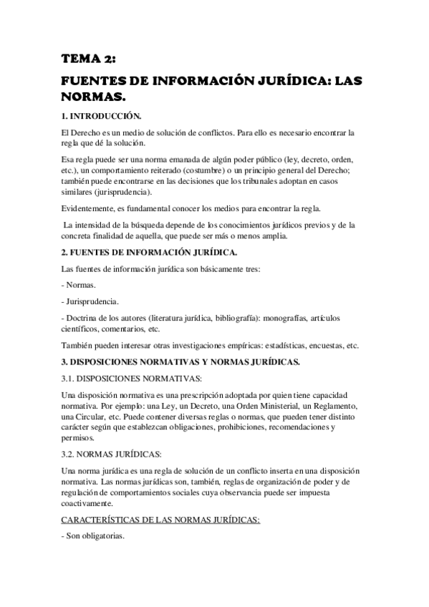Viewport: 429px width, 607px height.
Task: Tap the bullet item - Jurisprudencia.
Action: click(91, 301)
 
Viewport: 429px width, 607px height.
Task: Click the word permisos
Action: click(78, 437)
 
